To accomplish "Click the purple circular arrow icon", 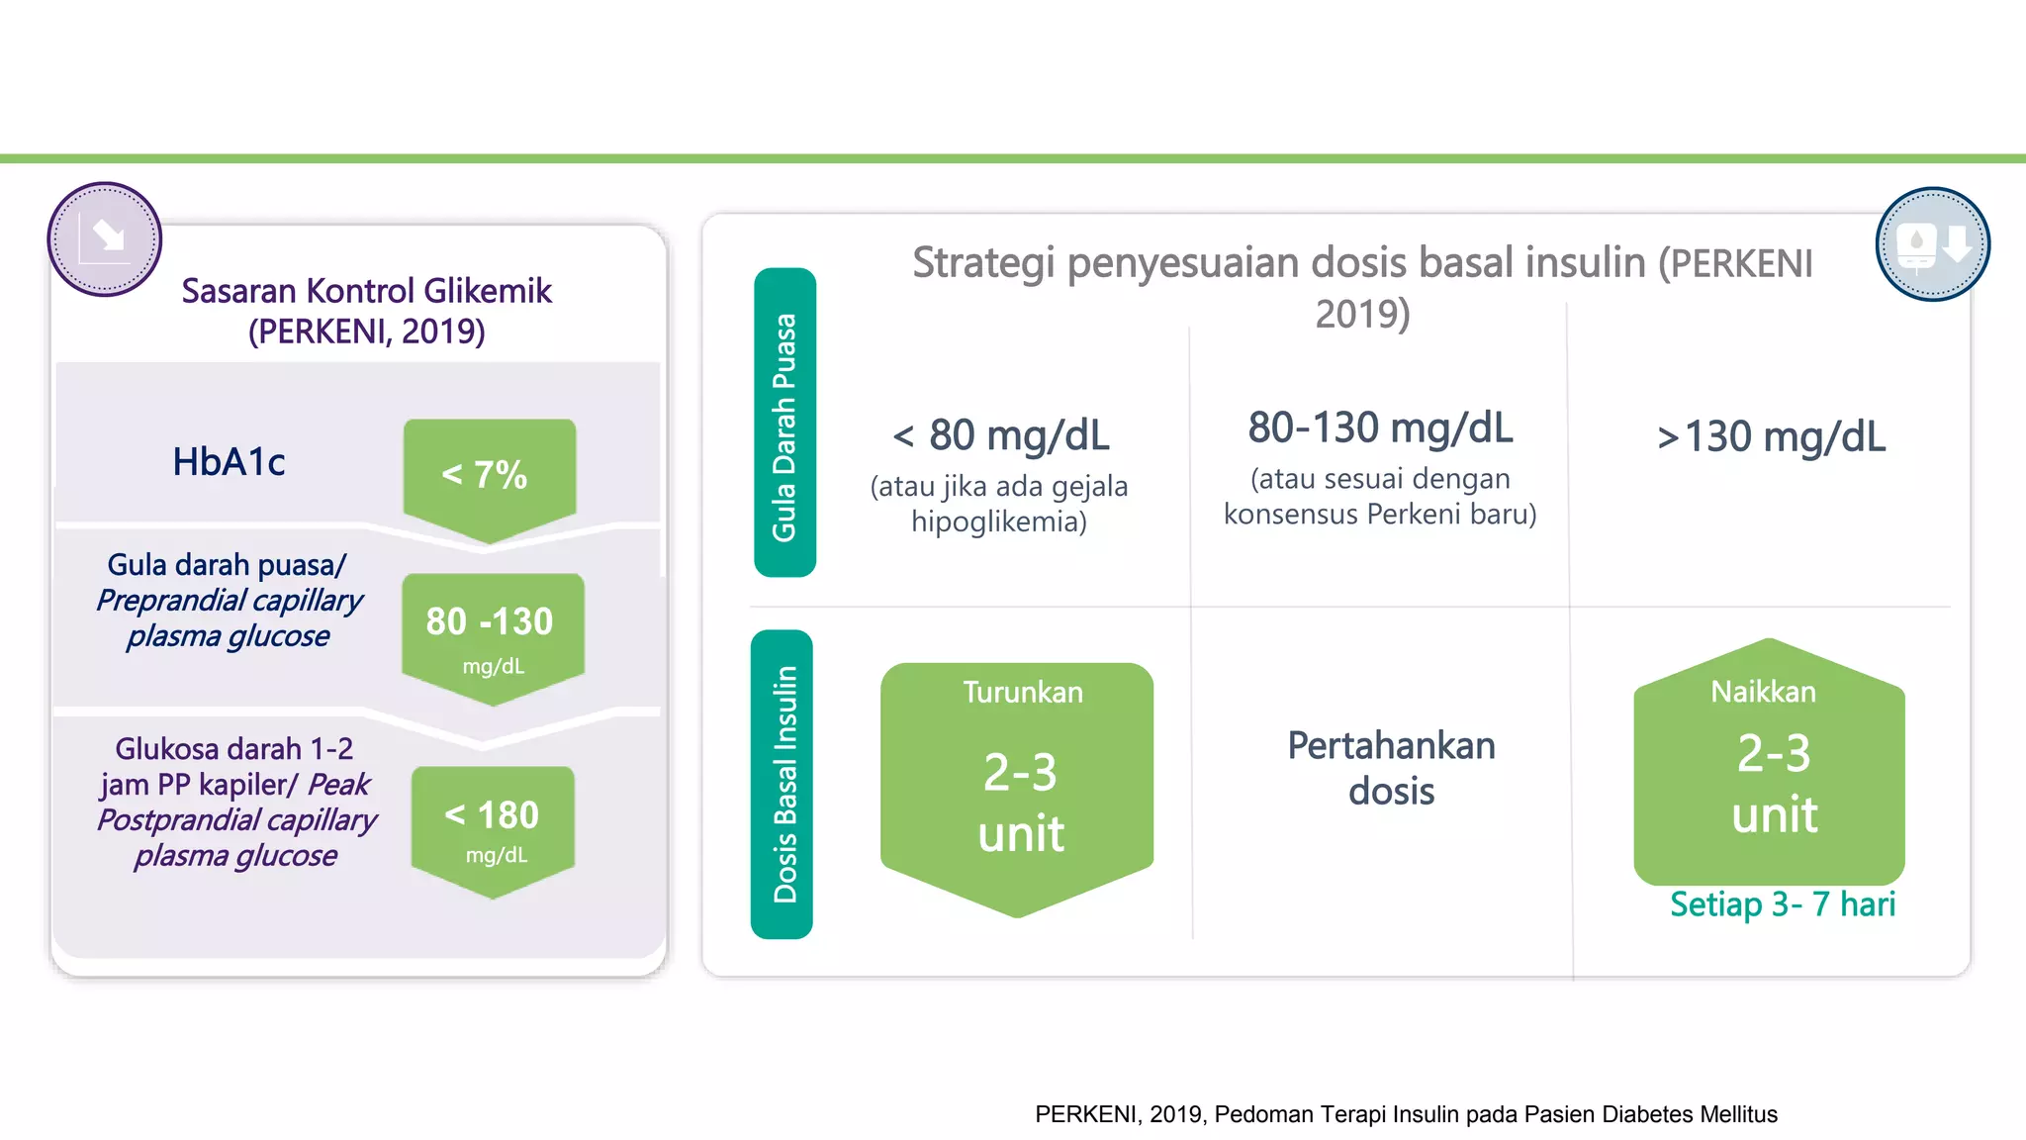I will (x=105, y=239).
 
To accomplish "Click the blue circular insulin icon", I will (x=1932, y=244).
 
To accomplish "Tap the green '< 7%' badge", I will (x=489, y=475).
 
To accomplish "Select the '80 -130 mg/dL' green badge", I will (x=492, y=633).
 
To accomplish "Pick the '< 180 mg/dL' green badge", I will (x=493, y=825).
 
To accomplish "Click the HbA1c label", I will (x=229, y=462).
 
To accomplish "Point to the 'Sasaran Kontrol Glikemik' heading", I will (x=366, y=291).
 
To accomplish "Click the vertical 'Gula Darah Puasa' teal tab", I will (x=784, y=424).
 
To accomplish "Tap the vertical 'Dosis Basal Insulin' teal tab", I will (x=783, y=784).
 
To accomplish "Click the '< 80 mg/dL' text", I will (x=1000, y=435).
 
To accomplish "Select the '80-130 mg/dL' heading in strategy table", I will (x=1380, y=428).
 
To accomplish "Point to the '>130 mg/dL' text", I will (x=1771, y=436).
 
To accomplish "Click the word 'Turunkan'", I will (x=1023, y=693).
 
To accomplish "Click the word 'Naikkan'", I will (x=1763, y=692).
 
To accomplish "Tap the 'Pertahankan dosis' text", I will (x=1391, y=768).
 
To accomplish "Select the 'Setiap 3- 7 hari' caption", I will (x=1782, y=904).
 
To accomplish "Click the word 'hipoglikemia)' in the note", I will (x=998, y=522).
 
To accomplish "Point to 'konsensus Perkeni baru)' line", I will (x=1380, y=515).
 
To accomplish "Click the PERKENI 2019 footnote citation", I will (x=1406, y=1114).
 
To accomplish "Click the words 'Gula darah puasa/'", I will (x=227, y=565).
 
